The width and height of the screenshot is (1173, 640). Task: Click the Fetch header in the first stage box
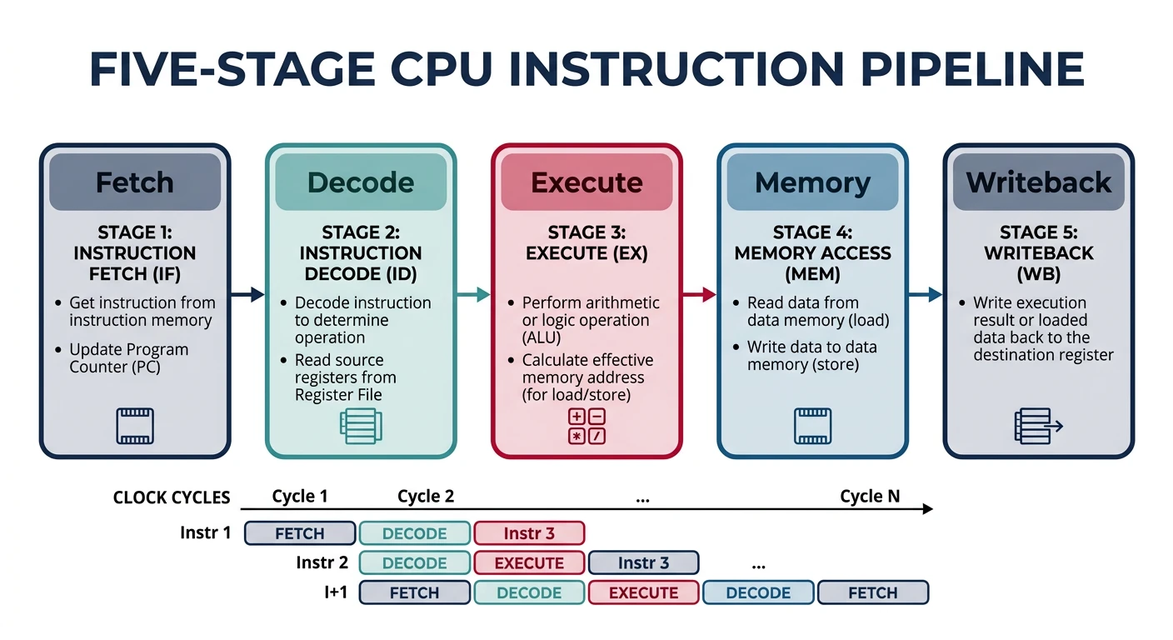(x=135, y=182)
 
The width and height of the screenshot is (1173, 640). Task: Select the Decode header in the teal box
(x=361, y=182)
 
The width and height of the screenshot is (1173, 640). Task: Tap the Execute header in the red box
(x=586, y=182)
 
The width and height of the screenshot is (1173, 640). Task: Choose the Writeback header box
(x=1038, y=182)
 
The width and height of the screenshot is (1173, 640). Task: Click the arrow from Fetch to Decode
(x=247, y=294)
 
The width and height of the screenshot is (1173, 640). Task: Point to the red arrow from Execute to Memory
(x=700, y=294)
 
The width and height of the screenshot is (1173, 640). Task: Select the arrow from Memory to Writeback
(x=926, y=294)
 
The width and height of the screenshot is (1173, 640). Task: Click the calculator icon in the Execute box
(x=586, y=426)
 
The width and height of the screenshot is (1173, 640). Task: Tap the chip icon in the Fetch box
(x=135, y=426)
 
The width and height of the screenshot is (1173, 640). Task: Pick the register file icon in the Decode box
(x=361, y=426)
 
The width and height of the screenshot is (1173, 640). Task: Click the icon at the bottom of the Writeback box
(x=1038, y=426)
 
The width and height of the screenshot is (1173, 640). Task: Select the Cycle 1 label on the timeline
(x=300, y=497)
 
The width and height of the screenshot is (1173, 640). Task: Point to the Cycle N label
(x=870, y=497)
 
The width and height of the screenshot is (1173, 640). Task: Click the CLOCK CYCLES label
(x=172, y=497)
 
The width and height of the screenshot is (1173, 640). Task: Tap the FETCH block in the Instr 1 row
(x=300, y=533)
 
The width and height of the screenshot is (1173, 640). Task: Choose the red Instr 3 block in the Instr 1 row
(x=529, y=533)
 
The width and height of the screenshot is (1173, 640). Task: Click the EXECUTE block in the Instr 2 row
(x=529, y=563)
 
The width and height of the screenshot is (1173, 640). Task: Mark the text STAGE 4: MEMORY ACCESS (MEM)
(x=812, y=252)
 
